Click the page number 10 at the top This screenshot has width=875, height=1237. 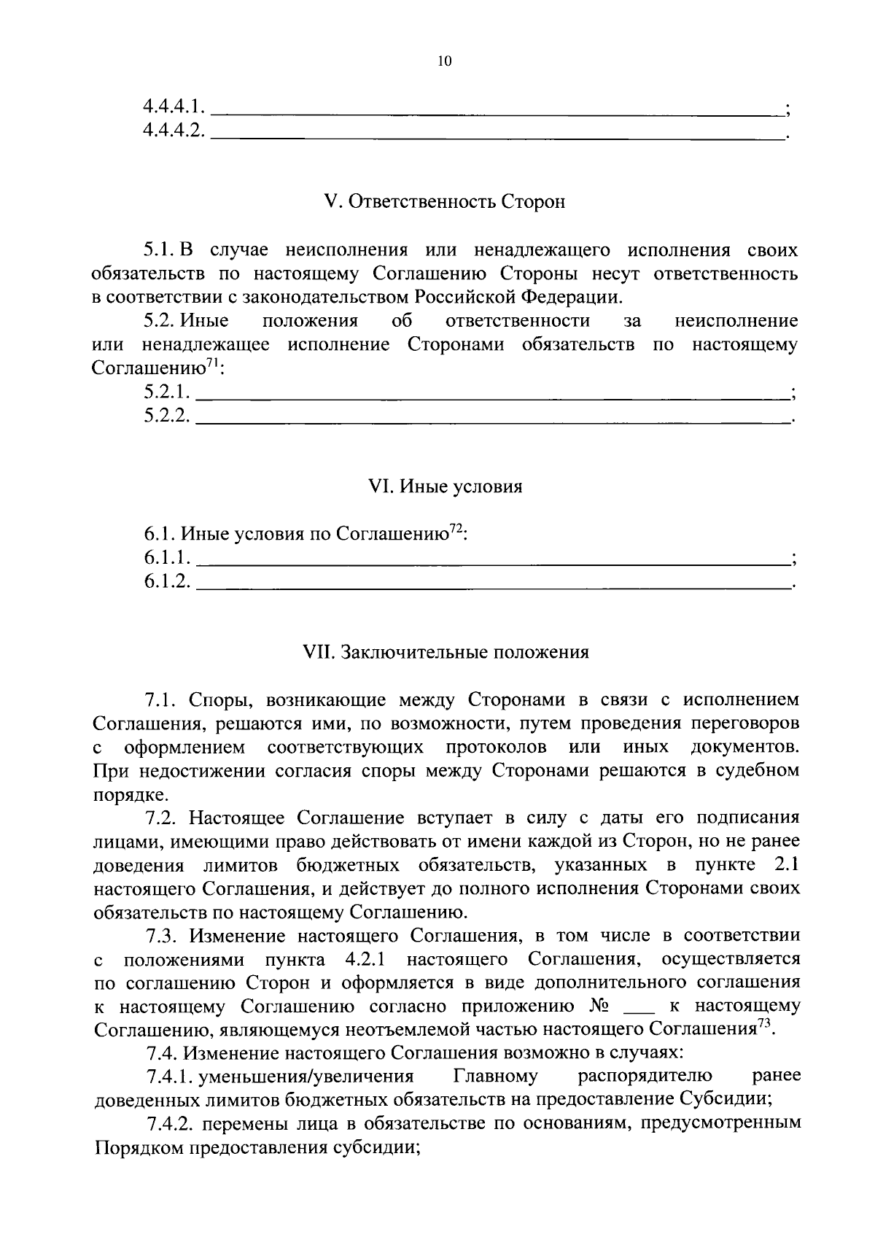click(444, 61)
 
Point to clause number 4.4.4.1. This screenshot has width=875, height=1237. click(174, 107)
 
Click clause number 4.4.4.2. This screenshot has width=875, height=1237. click(174, 131)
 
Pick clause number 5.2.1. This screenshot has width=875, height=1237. click(167, 392)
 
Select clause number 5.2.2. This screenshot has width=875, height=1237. click(167, 415)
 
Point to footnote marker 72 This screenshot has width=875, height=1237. click(455, 530)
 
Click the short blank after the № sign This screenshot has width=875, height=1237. click(639, 1009)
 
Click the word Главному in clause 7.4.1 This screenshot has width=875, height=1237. click(495, 1076)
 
